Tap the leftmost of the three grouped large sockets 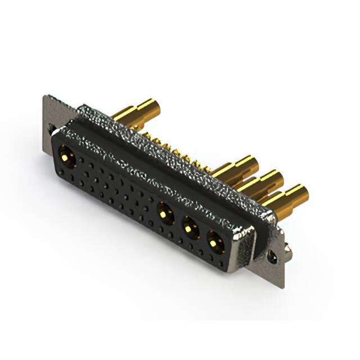point(165,213)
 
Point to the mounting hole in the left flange point(52,129)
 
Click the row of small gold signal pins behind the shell point(169,147)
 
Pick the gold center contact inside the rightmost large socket point(214,242)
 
